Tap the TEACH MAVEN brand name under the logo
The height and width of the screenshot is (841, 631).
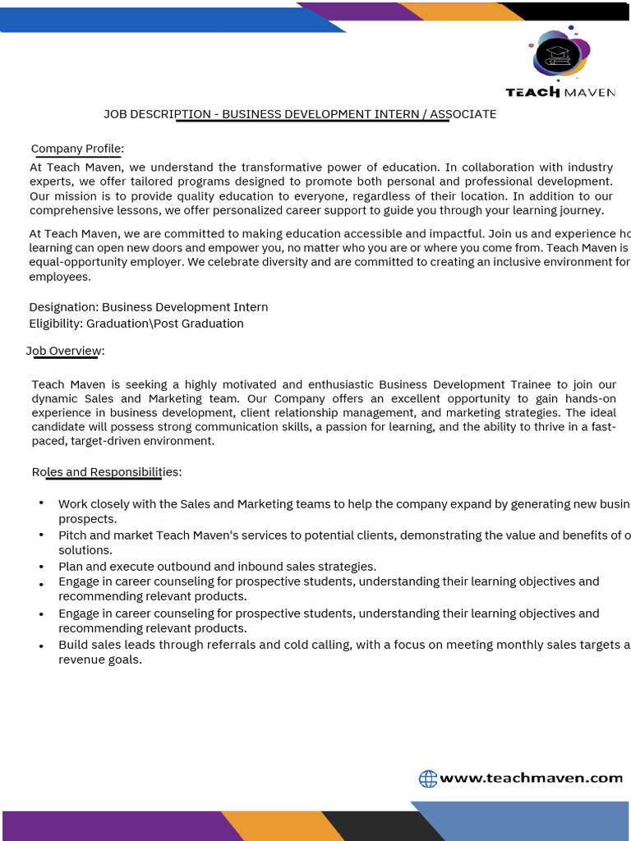(560, 92)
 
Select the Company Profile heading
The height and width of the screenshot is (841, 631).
(77, 149)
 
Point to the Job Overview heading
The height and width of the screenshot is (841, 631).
(66, 352)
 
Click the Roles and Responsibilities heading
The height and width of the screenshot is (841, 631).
(107, 472)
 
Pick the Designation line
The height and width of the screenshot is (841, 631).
(148, 307)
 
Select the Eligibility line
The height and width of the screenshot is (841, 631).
(136, 324)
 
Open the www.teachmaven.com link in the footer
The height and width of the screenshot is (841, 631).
(531, 778)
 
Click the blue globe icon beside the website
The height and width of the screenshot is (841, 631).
(428, 779)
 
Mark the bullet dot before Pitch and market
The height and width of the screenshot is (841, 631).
(41, 535)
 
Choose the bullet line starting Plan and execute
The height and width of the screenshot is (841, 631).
(217, 567)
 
